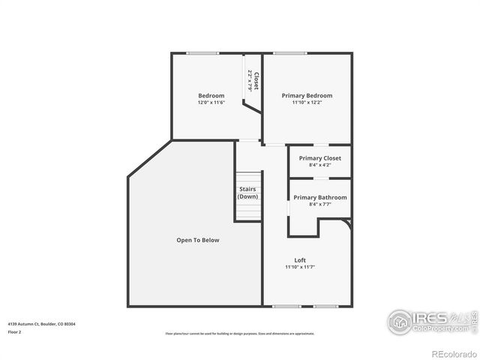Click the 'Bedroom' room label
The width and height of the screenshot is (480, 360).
211,95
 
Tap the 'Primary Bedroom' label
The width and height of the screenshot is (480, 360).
307,95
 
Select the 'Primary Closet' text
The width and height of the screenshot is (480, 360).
319,158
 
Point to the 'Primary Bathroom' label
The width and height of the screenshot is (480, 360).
319,197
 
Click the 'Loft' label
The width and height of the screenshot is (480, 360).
299,260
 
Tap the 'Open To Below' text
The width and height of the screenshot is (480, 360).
197,240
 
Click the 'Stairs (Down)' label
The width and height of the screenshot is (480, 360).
248,193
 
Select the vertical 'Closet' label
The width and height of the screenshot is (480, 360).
256,81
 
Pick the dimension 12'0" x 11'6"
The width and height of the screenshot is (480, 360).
211,103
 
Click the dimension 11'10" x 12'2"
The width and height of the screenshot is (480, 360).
307,103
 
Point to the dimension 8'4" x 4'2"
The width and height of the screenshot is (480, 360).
319,165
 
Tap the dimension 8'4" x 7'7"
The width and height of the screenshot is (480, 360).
319,204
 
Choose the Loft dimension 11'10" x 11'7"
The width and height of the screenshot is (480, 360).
299,267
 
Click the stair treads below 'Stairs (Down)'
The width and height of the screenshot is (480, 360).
248,211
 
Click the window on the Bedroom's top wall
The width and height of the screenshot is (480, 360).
202,52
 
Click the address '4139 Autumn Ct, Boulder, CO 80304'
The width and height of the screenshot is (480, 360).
41,324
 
